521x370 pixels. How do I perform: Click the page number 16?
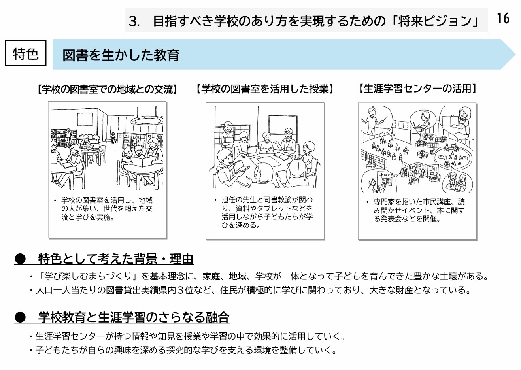coord(503,18)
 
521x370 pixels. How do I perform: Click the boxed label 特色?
coord(26,53)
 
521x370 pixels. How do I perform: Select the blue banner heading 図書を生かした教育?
coord(121,55)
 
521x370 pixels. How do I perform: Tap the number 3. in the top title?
coord(134,21)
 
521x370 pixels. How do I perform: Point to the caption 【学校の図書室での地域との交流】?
coord(107,89)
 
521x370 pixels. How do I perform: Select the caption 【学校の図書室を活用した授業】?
coord(265,89)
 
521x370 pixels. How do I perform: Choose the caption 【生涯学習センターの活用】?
coord(417,89)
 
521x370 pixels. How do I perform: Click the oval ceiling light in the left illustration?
coord(147,121)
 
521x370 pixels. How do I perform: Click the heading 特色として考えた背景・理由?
coord(115,259)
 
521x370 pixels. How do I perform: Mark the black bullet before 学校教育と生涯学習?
coord(20,317)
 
